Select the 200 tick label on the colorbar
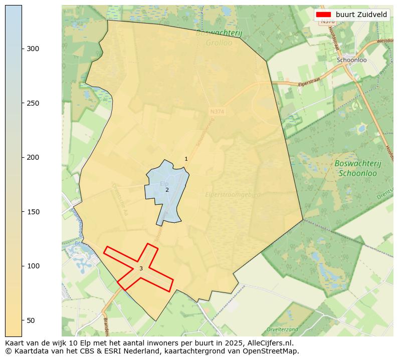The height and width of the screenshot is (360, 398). pos(33,157)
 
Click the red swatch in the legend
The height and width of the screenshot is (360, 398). pos(324,15)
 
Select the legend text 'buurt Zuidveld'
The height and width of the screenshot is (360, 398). pos(361,15)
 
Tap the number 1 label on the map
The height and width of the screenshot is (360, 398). pos(186,159)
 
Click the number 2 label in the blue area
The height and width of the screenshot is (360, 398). pos(167,190)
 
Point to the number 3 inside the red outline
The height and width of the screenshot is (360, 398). pos(141,268)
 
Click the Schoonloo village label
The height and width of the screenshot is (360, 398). pos(352,60)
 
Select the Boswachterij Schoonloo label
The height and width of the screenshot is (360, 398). pos(358,168)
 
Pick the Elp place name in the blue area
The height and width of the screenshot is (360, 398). pos(164,184)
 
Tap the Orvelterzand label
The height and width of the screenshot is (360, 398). pos(282,329)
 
